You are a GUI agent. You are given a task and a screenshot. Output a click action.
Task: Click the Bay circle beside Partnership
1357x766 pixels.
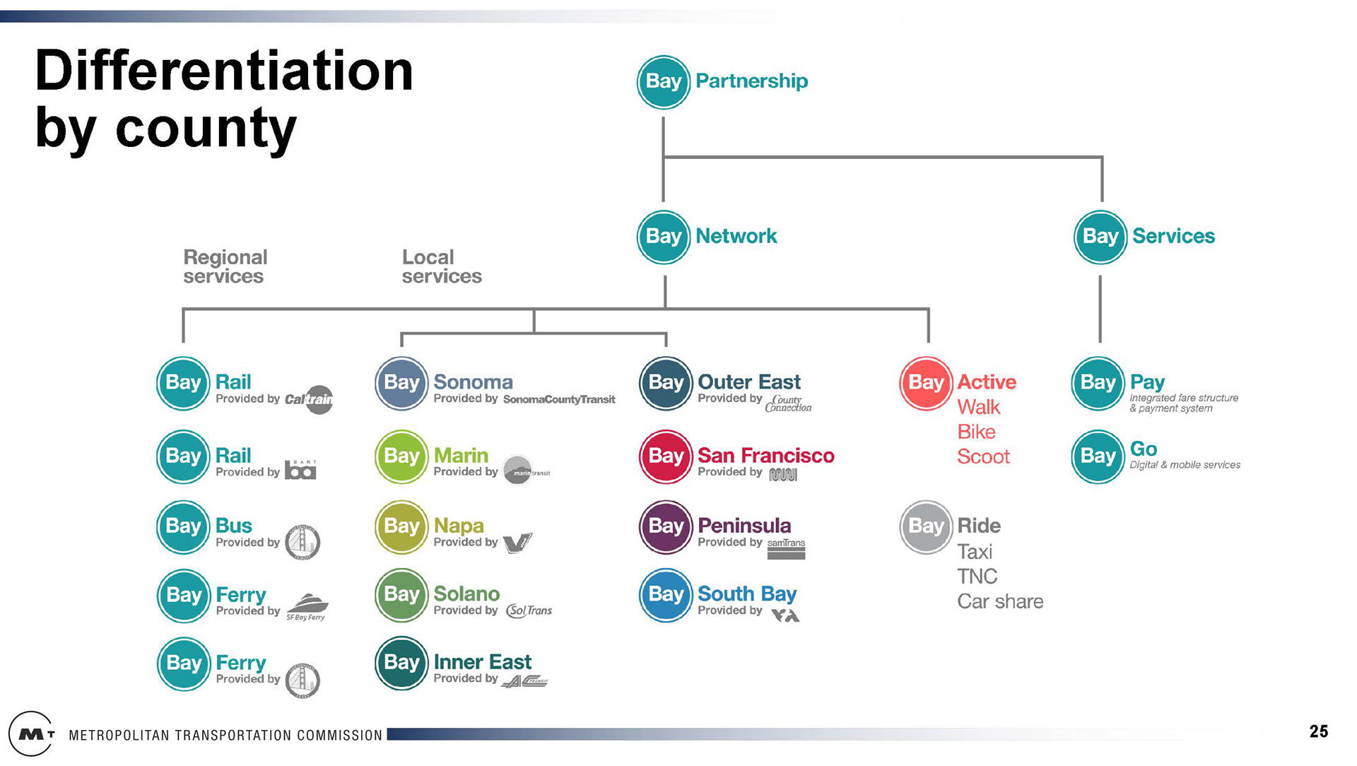[x=663, y=82]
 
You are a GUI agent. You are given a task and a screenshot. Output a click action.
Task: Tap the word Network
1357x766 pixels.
[x=736, y=236]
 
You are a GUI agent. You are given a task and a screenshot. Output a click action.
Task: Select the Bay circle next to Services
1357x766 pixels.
[x=1100, y=237]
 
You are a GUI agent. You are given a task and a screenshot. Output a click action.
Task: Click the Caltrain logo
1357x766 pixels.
[x=310, y=399]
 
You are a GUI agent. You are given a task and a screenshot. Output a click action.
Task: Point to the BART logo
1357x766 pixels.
[x=300, y=470]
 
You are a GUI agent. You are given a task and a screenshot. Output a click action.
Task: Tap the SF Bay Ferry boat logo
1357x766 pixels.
[x=307, y=606]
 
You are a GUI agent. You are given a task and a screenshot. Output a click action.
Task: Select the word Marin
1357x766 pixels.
[x=461, y=455]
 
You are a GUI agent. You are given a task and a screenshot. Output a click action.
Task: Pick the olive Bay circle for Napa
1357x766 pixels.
[x=401, y=527]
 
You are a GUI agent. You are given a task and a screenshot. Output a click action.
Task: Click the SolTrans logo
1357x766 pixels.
[x=529, y=611]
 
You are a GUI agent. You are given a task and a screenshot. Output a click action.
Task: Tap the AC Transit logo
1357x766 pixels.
[x=524, y=681]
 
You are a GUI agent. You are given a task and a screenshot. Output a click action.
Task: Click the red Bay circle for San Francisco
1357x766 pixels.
[x=666, y=456]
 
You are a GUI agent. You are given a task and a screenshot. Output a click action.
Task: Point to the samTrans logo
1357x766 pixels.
[x=786, y=548]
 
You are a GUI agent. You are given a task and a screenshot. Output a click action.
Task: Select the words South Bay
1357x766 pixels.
[x=747, y=594]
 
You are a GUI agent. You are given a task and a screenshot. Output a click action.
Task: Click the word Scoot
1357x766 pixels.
[x=983, y=456]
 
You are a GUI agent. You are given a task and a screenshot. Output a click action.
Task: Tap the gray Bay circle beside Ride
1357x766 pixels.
[x=926, y=527]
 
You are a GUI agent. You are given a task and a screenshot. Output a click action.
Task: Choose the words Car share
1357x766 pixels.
[x=1000, y=601]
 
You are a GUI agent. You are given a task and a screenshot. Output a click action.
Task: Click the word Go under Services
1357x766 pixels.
[x=1144, y=449]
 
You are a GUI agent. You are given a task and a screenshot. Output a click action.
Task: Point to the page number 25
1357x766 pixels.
[x=1318, y=731]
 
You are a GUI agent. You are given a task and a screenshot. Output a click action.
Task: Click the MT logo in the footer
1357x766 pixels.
[x=32, y=734]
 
